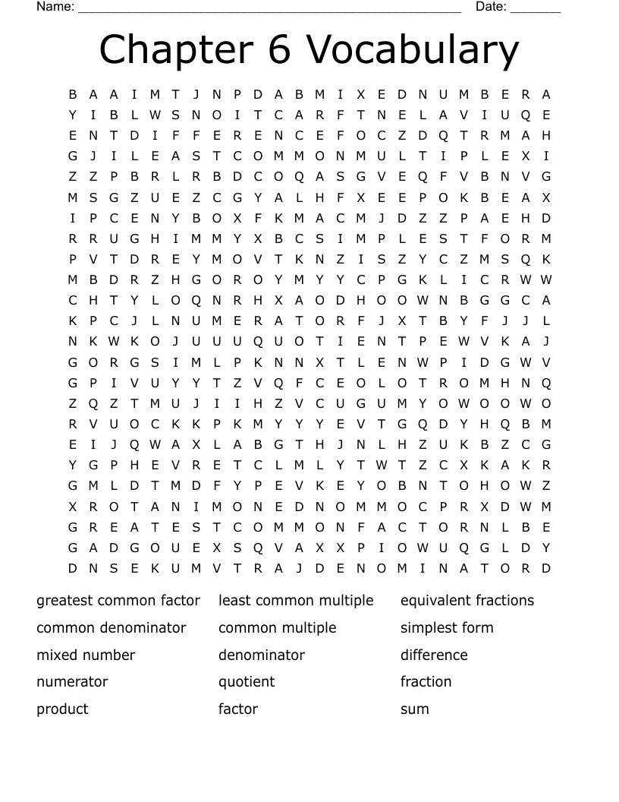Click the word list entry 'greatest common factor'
(118, 601)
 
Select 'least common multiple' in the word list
(296, 601)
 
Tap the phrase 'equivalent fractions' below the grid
(467, 601)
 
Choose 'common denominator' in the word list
(112, 628)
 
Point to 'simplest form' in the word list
(447, 628)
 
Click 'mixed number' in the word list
(86, 655)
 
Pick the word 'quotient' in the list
(247, 682)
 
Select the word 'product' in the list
(62, 709)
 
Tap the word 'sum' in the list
(415, 709)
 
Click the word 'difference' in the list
(434, 655)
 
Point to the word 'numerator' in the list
(72, 682)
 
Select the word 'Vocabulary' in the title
(413, 50)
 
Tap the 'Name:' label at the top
(55, 7)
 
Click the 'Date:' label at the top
(491, 7)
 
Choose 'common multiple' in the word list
(277, 628)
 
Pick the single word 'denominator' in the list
(262, 655)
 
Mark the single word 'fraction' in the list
(426, 682)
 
